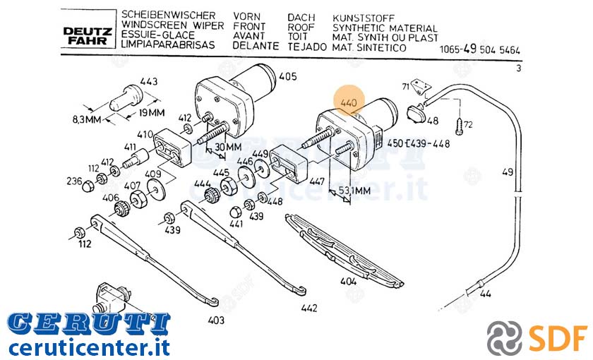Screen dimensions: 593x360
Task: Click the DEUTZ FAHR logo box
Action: [88, 29]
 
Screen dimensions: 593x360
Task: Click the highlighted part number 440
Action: [349, 102]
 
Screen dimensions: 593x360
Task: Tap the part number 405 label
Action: [288, 76]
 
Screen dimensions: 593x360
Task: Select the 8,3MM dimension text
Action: [87, 119]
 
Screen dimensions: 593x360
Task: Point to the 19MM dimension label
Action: [151, 113]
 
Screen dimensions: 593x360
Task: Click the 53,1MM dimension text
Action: [354, 191]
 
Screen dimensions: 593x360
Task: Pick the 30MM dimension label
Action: [228, 147]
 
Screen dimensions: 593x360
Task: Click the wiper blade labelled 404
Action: [345, 249]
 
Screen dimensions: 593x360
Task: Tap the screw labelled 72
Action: [460, 124]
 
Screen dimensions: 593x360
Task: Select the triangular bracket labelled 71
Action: [420, 86]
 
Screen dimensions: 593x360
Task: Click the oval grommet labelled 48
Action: [416, 113]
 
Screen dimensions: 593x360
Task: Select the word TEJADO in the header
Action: [307, 47]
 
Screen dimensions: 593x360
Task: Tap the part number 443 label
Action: [149, 81]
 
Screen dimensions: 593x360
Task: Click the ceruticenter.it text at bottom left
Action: [89, 347]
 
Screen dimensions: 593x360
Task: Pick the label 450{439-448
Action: [419, 144]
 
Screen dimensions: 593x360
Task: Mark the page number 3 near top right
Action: [518, 68]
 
